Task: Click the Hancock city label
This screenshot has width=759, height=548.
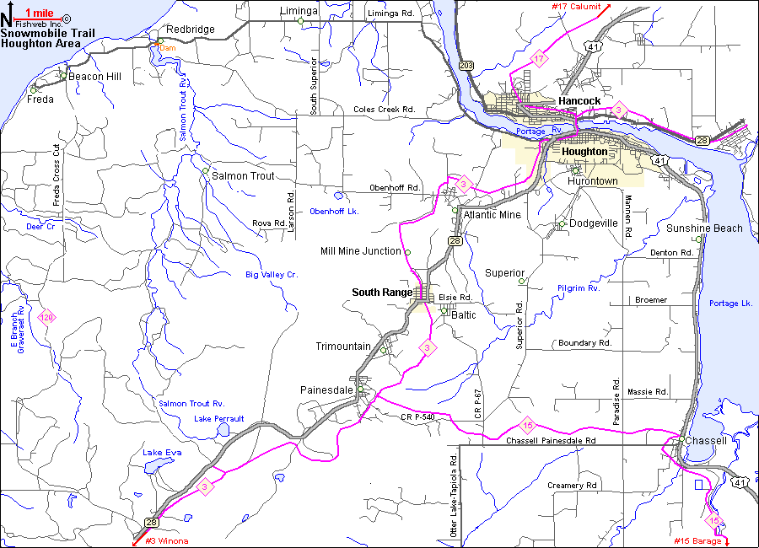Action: pos(579,101)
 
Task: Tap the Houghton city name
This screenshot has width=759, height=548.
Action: pos(584,152)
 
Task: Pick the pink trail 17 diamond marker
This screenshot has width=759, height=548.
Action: pos(539,59)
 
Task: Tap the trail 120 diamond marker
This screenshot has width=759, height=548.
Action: pos(47,318)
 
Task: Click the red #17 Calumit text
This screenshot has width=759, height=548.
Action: pos(576,7)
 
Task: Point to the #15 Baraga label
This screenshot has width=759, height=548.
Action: pos(697,540)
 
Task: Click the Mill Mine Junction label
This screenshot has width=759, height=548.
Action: pos(360,251)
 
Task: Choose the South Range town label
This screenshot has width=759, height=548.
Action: pos(381,293)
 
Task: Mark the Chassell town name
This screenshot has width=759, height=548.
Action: pos(706,441)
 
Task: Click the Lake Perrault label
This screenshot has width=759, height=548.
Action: pos(218,418)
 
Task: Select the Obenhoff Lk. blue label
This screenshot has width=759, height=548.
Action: pos(334,211)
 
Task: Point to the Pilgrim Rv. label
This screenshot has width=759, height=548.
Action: pos(578,288)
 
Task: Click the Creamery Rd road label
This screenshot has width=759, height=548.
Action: pos(572,486)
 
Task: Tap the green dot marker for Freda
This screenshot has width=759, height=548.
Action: pos(34,90)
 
